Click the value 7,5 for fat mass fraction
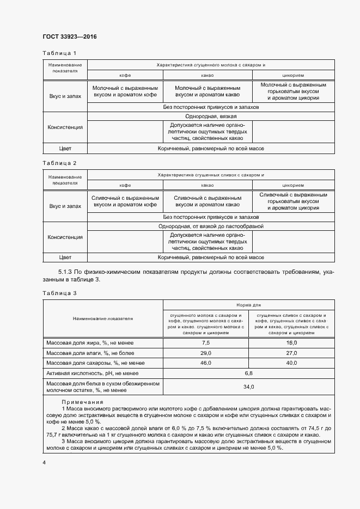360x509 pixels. pos(205,343)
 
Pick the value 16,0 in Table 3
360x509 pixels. pos(291,343)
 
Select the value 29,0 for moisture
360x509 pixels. pos(205,353)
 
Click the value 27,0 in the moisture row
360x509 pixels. pos(291,353)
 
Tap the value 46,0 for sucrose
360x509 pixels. pos(205,363)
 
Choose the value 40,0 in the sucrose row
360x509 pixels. pos(291,363)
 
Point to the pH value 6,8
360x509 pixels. pos(248,373)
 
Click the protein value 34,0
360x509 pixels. pos(248,387)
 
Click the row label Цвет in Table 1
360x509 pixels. pos(65,148)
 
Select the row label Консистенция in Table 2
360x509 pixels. pos(65,237)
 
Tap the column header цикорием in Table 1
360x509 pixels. pos(293,75)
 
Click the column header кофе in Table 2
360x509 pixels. pos(125,185)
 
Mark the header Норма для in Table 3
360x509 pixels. pos(248,305)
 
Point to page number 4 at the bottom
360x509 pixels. pos(44,462)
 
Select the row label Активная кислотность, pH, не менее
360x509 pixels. pos(92,373)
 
